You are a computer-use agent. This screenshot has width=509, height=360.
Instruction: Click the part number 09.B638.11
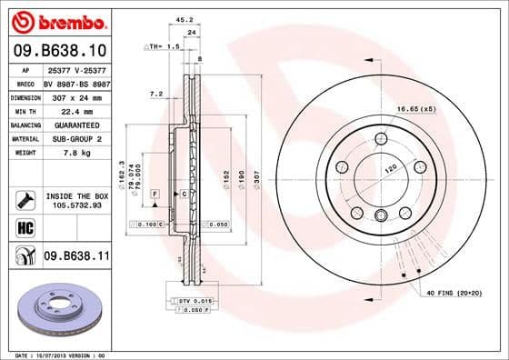[x=77, y=257]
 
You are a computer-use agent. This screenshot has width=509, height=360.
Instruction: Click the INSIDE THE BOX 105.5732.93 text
[x=77, y=201]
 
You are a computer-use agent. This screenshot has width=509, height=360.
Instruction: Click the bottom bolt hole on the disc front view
[x=381, y=215]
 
